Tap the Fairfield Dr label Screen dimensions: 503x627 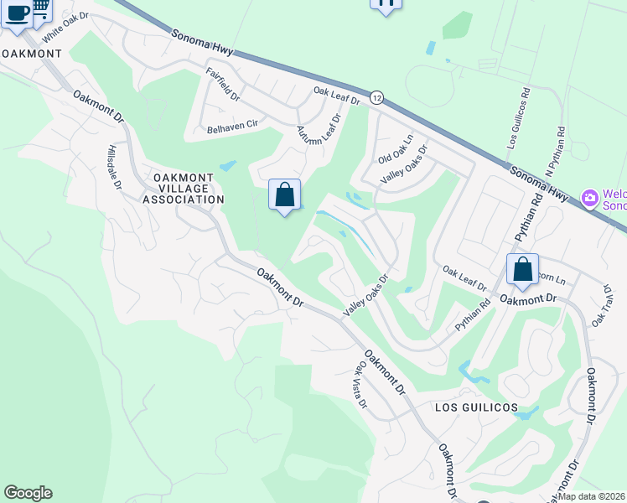pyautogui.click(x=224, y=86)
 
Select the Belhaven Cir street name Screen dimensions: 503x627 pyautogui.click(x=233, y=126)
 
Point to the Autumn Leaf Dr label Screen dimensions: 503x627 pyautogui.click(x=317, y=130)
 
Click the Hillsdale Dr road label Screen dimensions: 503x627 pyautogui.click(x=115, y=166)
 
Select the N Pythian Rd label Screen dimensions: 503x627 pyautogui.click(x=554, y=150)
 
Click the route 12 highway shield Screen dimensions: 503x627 pyautogui.click(x=377, y=97)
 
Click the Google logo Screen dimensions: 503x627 pyautogui.click(x=28, y=493)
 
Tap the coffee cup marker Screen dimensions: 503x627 pyautogui.click(x=16, y=12)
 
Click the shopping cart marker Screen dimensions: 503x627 pyautogui.click(x=39, y=8)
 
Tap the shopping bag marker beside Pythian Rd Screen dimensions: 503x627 pyautogui.click(x=522, y=270)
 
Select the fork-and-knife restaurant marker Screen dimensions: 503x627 pyautogui.click(x=386, y=4)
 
